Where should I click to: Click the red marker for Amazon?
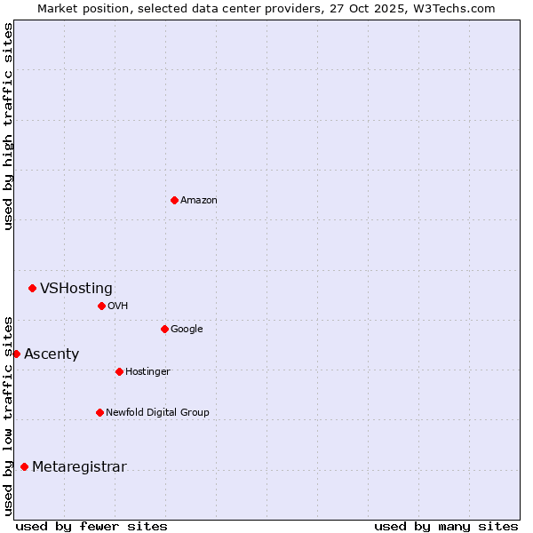pos(174,200)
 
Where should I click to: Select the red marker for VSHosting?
pos(32,288)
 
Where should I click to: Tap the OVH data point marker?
pos(101,306)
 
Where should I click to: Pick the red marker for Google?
pos(164,329)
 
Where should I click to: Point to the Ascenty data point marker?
pos(16,354)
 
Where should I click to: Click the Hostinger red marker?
pos(119,371)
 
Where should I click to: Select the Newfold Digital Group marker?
pos(99,412)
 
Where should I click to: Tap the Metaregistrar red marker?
pos(24,466)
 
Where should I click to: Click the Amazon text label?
pos(199,200)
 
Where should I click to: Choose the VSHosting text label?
pos(76,288)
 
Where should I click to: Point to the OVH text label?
pos(118,306)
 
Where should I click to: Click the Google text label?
pos(187,329)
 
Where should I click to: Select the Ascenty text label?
pos(52,354)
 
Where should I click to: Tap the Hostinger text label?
pos(147,371)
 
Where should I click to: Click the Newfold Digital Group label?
pos(157,412)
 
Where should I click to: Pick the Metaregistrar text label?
pos(79,466)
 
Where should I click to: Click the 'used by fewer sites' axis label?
pos(91,526)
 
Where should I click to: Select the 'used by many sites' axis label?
pos(446,526)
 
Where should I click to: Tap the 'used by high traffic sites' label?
pos(8,126)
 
